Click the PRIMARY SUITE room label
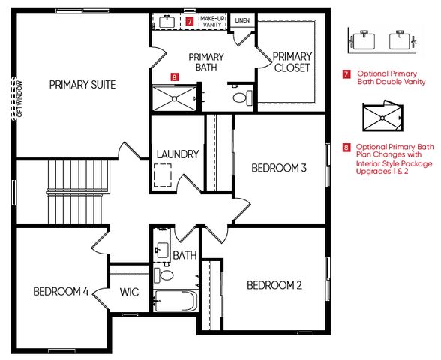coord(82,85)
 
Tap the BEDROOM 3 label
coord(279,168)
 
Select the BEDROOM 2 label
coord(274,285)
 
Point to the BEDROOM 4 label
coord(61,291)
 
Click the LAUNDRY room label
coord(178,155)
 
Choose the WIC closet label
coord(130,291)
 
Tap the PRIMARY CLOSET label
coord(292,62)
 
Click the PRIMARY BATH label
coord(206,62)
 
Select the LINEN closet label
coord(242,20)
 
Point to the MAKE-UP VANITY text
coord(211,22)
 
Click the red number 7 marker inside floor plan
coord(190,22)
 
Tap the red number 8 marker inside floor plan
coord(174,76)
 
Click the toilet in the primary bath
coord(241,97)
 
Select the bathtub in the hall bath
coord(175,301)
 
